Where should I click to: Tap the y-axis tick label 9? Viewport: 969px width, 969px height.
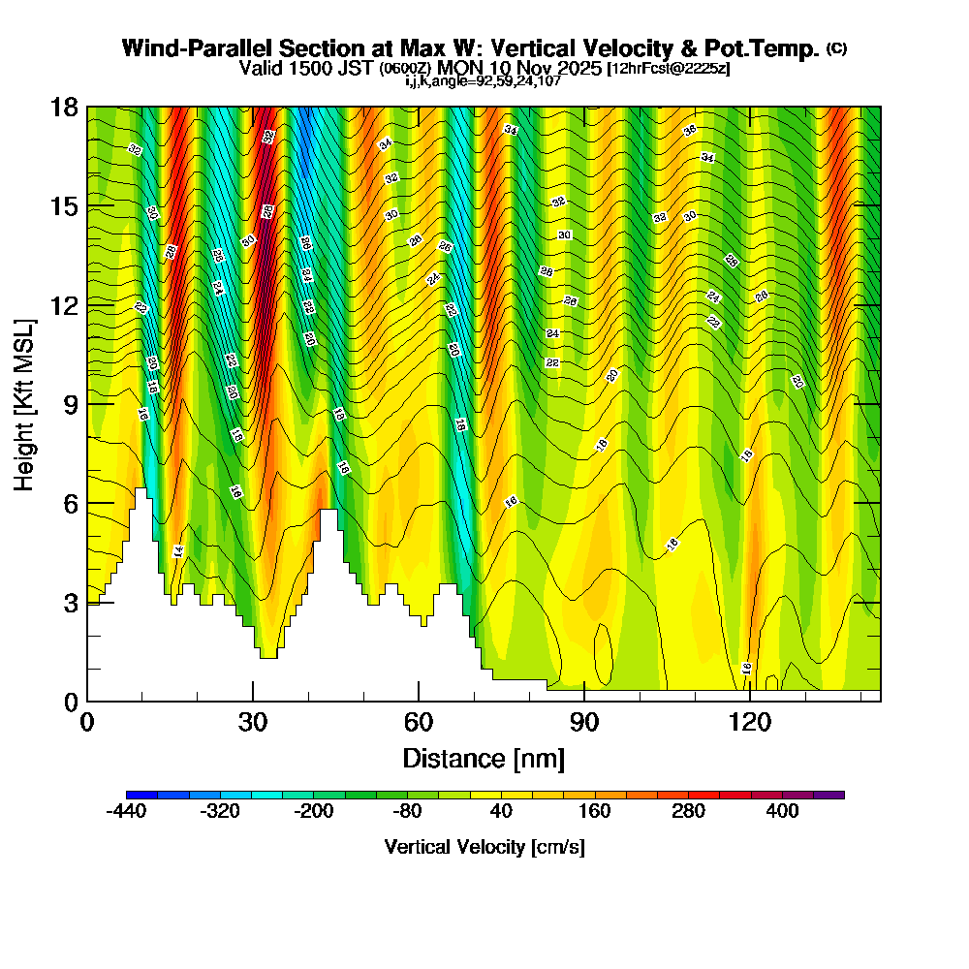(70, 404)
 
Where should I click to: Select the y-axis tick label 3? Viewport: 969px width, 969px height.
(70, 602)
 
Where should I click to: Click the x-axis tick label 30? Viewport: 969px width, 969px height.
(253, 722)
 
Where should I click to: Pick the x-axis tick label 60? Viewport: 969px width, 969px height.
(419, 722)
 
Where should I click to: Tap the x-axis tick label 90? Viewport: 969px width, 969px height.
(584, 722)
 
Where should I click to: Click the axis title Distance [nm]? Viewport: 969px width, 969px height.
(484, 757)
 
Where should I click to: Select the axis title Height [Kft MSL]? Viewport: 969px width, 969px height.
(25, 404)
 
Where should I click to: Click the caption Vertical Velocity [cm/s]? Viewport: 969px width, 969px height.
(484, 847)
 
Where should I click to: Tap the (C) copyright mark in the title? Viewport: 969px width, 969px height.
(836, 47)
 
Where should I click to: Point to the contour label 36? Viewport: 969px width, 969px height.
(690, 130)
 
